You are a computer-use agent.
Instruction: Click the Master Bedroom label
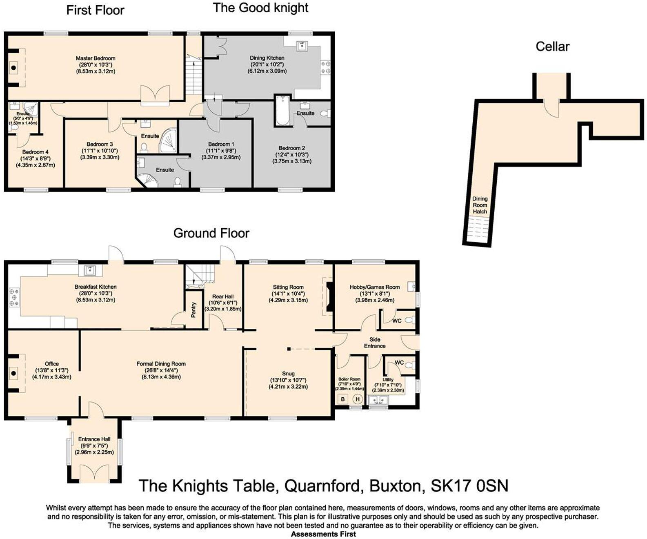(96, 58)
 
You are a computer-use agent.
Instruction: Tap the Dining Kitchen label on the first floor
(267, 58)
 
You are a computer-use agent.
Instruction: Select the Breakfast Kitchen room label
(96, 287)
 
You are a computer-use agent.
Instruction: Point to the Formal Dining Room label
(161, 364)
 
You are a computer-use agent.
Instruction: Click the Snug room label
(288, 374)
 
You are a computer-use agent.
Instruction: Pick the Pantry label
(193, 310)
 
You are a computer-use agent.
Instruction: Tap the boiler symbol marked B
(343, 399)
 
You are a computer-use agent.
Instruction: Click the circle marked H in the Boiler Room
(358, 399)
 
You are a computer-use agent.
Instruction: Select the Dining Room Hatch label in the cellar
(480, 205)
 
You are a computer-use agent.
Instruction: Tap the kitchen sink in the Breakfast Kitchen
(90, 271)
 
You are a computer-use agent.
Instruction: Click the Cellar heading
(552, 47)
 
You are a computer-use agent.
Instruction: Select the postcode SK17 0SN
(469, 486)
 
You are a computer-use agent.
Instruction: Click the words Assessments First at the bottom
(323, 534)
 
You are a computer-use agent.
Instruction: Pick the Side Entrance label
(375, 343)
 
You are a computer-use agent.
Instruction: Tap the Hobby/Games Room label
(375, 287)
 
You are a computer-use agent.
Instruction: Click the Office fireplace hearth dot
(13, 374)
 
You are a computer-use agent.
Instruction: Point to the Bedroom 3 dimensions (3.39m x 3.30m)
(100, 157)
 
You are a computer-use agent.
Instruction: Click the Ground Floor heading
(211, 233)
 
